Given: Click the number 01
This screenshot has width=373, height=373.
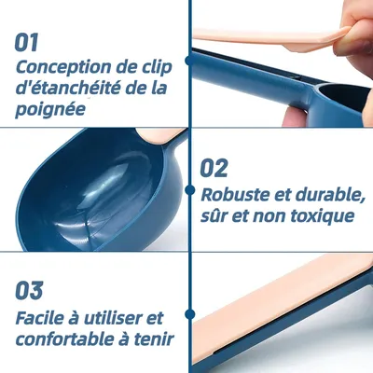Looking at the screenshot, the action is pyautogui.click(x=26, y=42).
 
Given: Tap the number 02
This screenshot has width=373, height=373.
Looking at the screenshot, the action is pyautogui.click(x=214, y=168).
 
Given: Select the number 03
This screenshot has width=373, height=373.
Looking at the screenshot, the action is pyautogui.click(x=29, y=291).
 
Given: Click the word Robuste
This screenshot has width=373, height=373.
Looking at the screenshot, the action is pyautogui.click(x=236, y=195).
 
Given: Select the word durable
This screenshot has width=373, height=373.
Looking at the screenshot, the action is pyautogui.click(x=329, y=195).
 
